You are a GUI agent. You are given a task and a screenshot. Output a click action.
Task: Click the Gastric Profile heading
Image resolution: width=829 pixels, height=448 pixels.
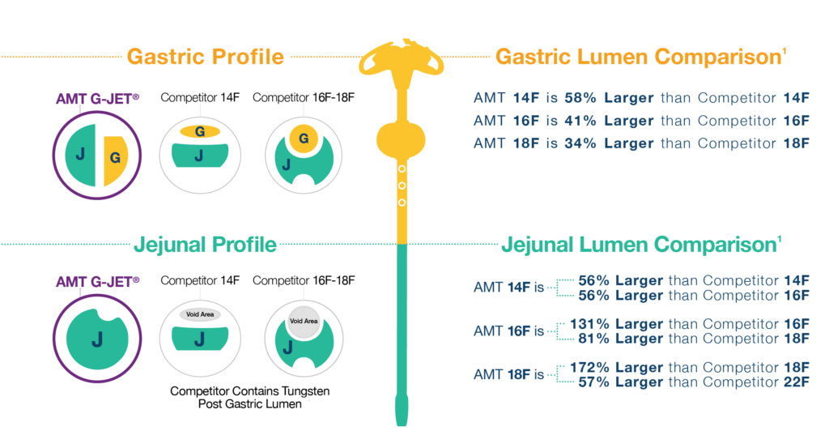pos(205,58)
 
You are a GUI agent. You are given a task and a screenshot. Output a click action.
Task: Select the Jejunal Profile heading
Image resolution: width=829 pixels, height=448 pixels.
pos(205,244)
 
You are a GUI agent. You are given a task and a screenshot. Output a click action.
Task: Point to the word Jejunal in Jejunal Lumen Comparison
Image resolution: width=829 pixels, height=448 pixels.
pos(541,244)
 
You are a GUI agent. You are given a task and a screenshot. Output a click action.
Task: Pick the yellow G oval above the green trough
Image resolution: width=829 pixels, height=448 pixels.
pos(198,130)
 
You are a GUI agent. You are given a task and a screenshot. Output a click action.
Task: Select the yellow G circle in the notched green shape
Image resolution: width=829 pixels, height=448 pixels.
pos(304,139)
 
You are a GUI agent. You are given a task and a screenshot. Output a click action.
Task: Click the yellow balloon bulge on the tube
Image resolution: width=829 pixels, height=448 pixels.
pos(402,139)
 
